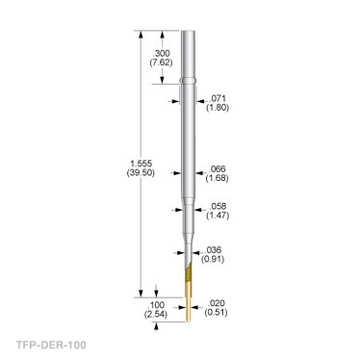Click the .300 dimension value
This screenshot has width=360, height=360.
tap(162, 53)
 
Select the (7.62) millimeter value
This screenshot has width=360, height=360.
tap(161, 63)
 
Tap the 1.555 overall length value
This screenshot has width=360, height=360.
tap(141, 164)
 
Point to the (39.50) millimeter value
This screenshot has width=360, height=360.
tap(141, 172)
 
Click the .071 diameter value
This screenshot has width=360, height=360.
tap(218, 98)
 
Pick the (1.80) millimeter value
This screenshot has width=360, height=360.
tap(218, 108)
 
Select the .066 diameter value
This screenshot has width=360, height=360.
tap(218, 168)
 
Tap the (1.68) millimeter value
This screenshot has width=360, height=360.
tap(218, 178)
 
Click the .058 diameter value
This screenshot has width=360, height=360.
tap(218, 206)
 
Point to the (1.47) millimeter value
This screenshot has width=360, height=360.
tap(218, 216)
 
